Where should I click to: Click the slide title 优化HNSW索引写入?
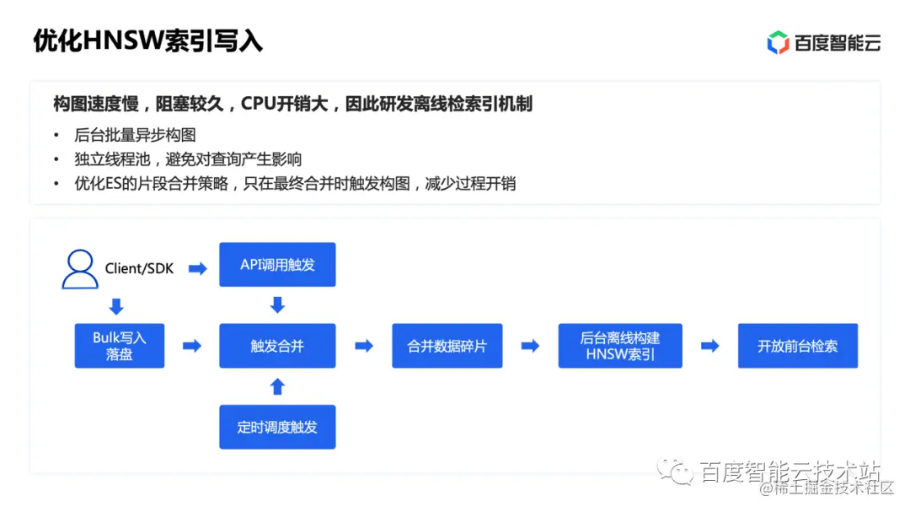pyautogui.click(x=147, y=40)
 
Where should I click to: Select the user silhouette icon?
pyautogui.click(x=80, y=268)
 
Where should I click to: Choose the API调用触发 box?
pyautogui.click(x=277, y=265)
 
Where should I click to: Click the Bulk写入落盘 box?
pyautogui.click(x=120, y=346)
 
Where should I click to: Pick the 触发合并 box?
pyautogui.click(x=277, y=346)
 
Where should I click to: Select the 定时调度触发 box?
pyautogui.click(x=277, y=427)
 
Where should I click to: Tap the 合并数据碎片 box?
pyautogui.click(x=447, y=346)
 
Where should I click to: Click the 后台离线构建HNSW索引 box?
pyautogui.click(x=620, y=346)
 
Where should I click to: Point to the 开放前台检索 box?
pyautogui.click(x=797, y=346)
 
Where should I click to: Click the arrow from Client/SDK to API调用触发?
pyautogui.click(x=198, y=268)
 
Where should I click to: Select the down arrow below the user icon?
pyautogui.click(x=116, y=305)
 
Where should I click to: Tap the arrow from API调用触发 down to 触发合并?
pyautogui.click(x=277, y=305)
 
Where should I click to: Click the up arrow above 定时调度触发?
pyautogui.click(x=277, y=386)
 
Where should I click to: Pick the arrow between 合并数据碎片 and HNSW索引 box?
pyautogui.click(x=530, y=346)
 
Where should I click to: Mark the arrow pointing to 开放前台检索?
pyautogui.click(x=710, y=346)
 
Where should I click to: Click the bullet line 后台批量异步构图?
pyautogui.click(x=135, y=135)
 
